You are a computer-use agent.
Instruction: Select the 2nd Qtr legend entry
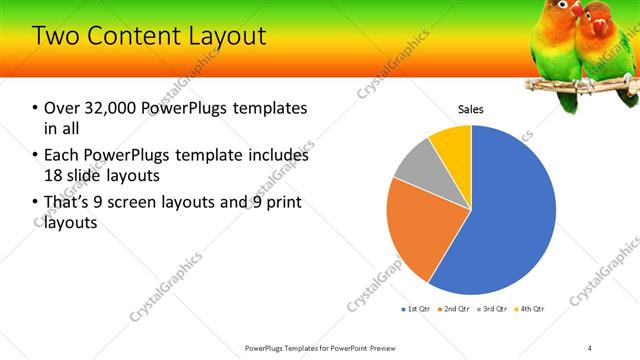point(455,309)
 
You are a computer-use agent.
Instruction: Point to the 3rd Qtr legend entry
point(492,309)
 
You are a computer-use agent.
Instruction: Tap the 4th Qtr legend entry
point(530,309)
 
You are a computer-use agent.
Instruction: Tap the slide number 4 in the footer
point(590,347)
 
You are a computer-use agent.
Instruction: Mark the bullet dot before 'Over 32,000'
point(35,108)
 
